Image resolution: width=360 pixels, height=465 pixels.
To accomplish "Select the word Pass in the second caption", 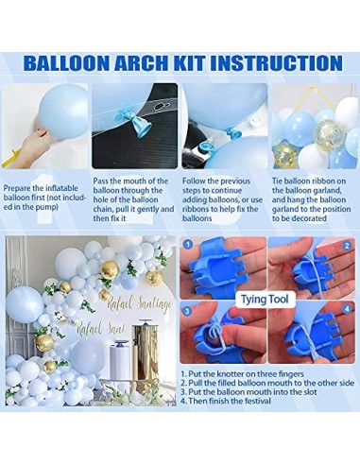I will click(x=102, y=181).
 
